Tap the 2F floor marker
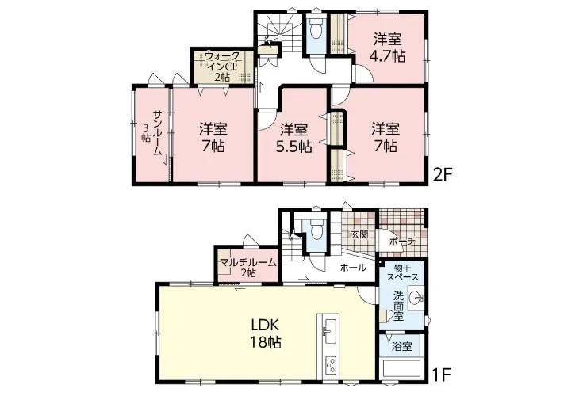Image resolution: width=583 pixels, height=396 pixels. [442, 173]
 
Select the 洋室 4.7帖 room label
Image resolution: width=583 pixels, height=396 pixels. [387, 48]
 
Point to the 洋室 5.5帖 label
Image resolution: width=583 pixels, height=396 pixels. [293, 138]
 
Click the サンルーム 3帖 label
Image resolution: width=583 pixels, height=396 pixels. [152, 132]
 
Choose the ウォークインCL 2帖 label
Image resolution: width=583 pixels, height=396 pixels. [222, 66]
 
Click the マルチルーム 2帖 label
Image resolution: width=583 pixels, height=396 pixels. [248, 267]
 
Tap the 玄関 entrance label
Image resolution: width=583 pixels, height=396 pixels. [359, 234]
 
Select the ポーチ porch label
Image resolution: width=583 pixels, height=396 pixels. [402, 242]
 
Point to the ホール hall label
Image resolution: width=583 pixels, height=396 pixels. [353, 268]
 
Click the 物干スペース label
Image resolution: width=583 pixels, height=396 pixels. [402, 272]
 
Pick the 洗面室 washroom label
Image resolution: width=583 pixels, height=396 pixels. [398, 307]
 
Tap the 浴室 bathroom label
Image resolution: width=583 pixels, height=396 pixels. [402, 347]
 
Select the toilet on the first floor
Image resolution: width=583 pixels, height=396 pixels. [316, 230]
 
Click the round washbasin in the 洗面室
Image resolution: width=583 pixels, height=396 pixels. [416, 297]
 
